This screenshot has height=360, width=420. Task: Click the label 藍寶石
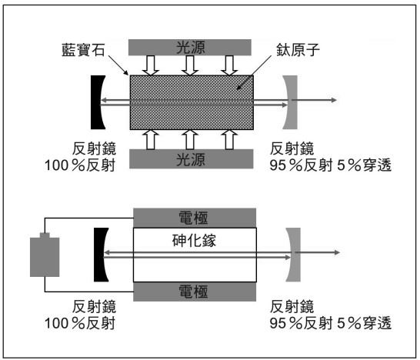83,49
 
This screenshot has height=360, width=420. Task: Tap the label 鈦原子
298,49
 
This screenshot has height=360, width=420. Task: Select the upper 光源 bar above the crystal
190,48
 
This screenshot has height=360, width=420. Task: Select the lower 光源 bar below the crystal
192,158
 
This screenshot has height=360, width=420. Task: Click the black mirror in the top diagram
96,102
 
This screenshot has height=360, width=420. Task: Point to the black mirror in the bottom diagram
99,255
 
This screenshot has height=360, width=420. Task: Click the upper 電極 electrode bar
195,218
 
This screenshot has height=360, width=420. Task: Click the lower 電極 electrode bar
195,292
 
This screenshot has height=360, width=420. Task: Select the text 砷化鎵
194,241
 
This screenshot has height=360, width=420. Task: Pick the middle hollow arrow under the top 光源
190,65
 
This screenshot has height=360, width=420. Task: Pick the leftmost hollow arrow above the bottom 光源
151,139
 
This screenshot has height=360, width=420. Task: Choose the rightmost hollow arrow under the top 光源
229,65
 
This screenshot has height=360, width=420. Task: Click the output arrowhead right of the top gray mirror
334,100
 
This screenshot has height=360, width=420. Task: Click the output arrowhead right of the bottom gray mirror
337,252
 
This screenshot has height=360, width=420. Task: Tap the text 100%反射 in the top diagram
80,165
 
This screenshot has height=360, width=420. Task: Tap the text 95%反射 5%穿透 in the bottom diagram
331,323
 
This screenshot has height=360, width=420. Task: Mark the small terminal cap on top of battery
45,235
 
